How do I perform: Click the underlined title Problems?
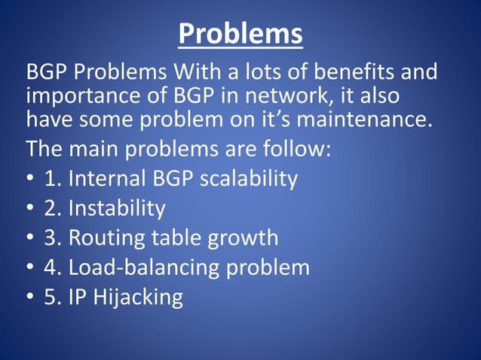240,34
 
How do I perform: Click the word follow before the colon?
293,148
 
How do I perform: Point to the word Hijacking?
137,297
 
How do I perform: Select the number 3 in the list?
51,238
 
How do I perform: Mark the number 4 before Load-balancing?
51,267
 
